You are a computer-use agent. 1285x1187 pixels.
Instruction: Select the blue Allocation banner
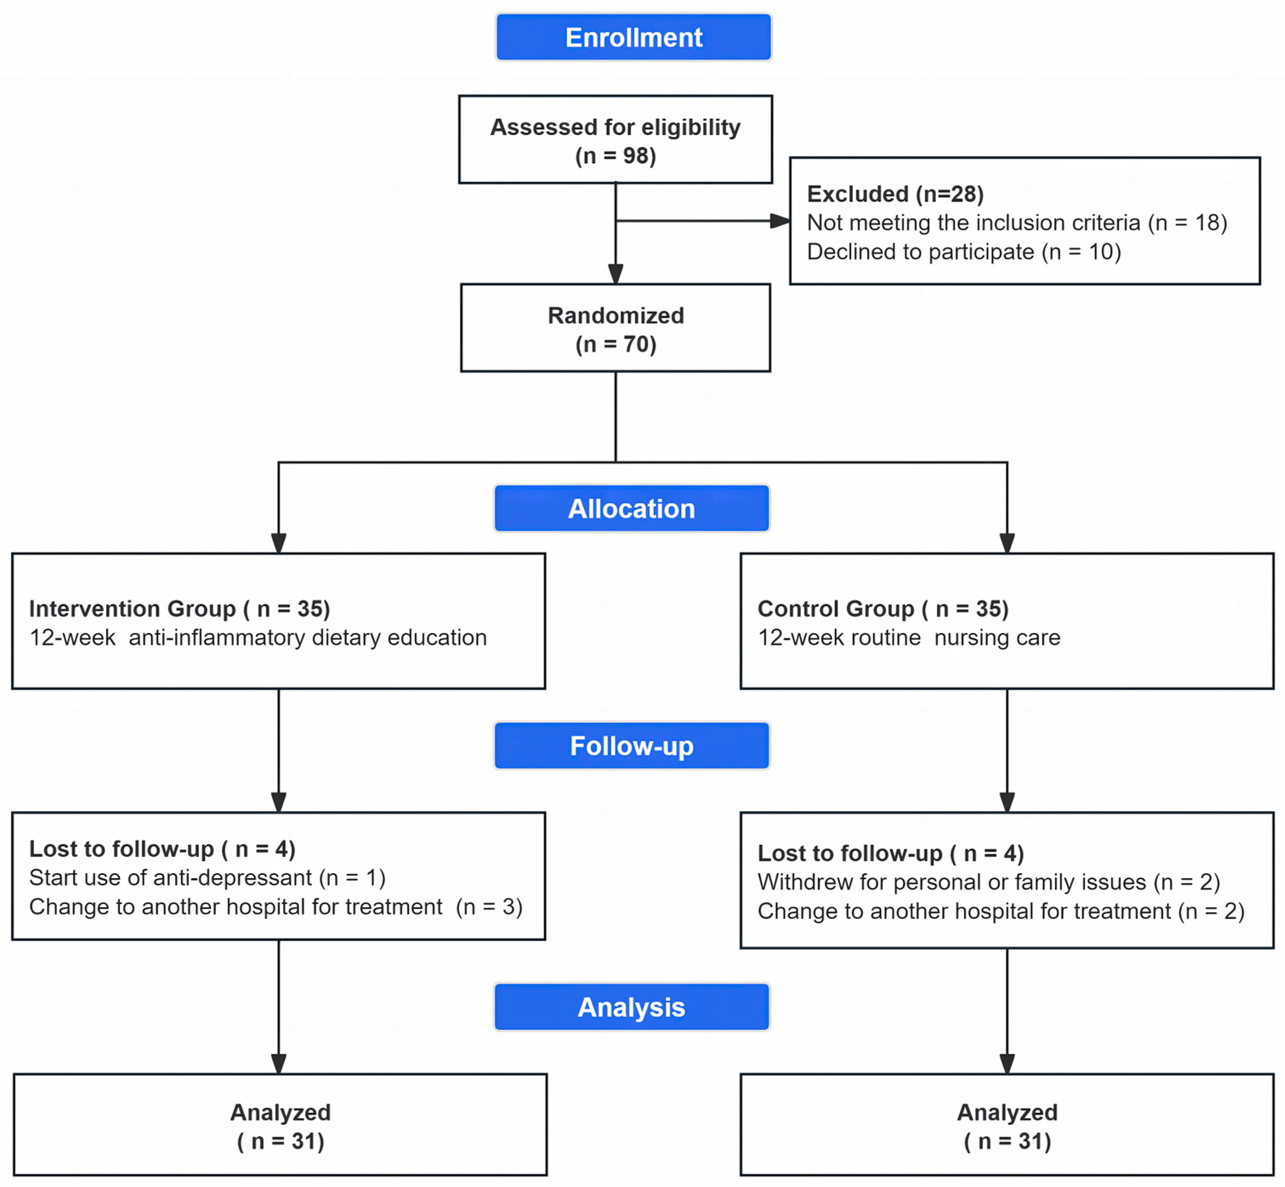pos(631,508)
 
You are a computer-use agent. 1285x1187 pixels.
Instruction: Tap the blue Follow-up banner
pos(631,746)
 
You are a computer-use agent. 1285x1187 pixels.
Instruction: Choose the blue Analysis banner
pos(631,1006)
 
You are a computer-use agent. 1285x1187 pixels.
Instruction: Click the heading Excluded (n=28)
pos(895,194)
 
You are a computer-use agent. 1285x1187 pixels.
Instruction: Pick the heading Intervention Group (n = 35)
pos(179,608)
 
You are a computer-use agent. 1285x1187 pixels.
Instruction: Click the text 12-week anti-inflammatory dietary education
pos(257,637)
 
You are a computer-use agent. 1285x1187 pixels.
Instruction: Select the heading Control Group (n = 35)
pos(883,608)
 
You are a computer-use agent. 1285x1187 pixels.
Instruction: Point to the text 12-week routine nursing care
pos(909,637)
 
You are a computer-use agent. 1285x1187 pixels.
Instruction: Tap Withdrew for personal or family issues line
pos(988,882)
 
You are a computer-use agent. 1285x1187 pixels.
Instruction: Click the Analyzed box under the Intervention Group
pos(280,1125)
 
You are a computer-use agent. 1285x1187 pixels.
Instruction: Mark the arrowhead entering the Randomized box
pos(616,274)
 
